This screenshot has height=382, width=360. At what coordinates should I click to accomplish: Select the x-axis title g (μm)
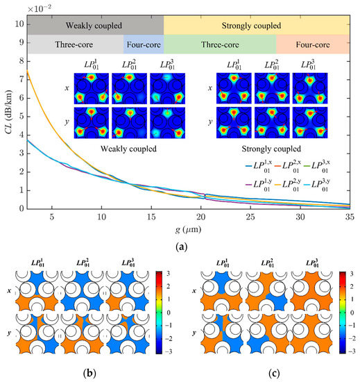coord(187,230)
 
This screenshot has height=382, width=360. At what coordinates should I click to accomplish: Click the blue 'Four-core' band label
coord(143,44)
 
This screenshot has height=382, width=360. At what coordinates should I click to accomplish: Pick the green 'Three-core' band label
coord(219,44)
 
